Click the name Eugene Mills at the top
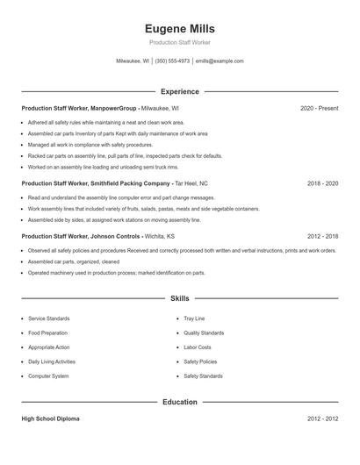point(179,29)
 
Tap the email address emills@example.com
point(220,61)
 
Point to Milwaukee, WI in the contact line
point(133,61)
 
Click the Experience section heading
point(180,91)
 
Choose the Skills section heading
point(179,299)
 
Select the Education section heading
point(180,402)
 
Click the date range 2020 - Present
point(319,108)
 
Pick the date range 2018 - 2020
point(322,184)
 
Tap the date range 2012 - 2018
point(322,236)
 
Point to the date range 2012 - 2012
point(322,419)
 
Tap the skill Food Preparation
point(47,333)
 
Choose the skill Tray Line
point(194,318)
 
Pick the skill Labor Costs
point(197,347)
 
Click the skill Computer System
point(48,376)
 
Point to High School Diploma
point(50,419)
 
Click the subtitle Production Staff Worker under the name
point(179,42)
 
